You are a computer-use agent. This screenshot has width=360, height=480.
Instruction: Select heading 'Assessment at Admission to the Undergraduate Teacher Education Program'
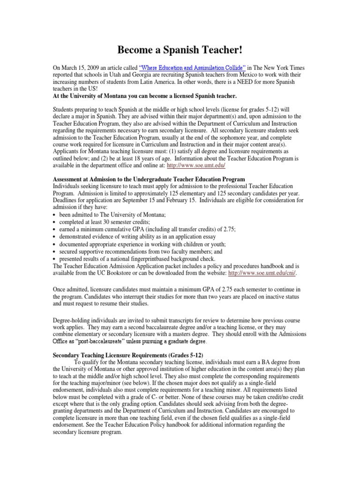[150, 180]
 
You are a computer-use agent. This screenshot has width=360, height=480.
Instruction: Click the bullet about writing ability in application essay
[136, 236]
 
